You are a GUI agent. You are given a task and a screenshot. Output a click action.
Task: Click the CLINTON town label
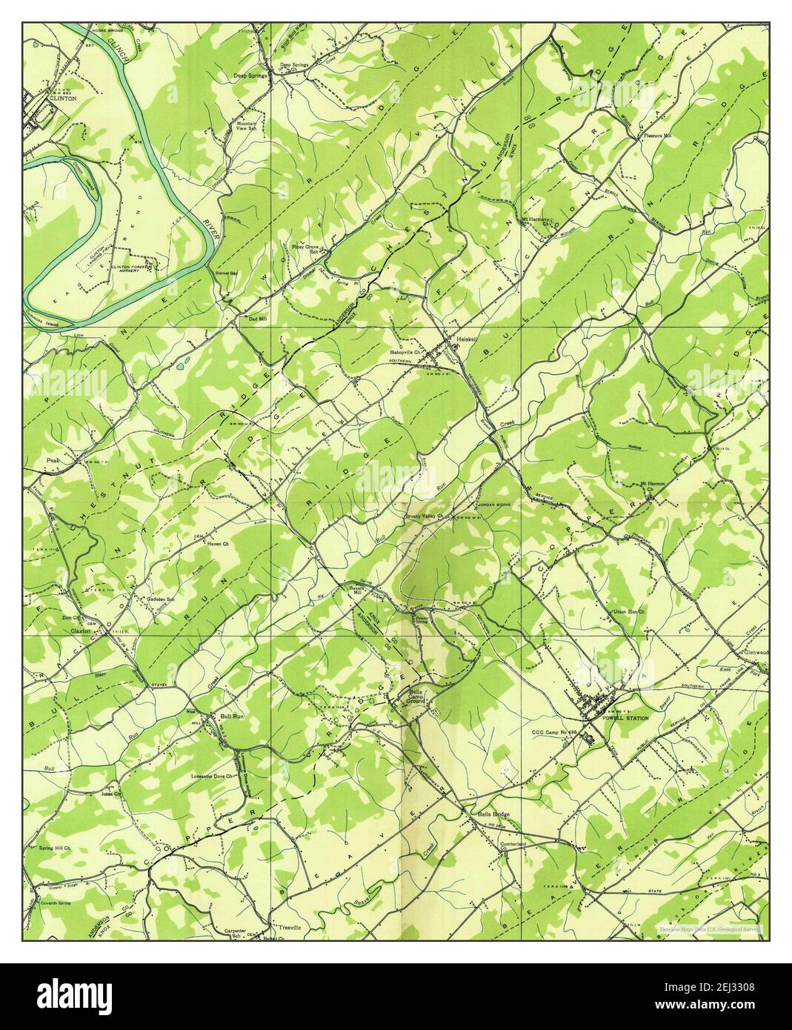43,97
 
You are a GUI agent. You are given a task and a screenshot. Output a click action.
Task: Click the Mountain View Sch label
247,127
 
